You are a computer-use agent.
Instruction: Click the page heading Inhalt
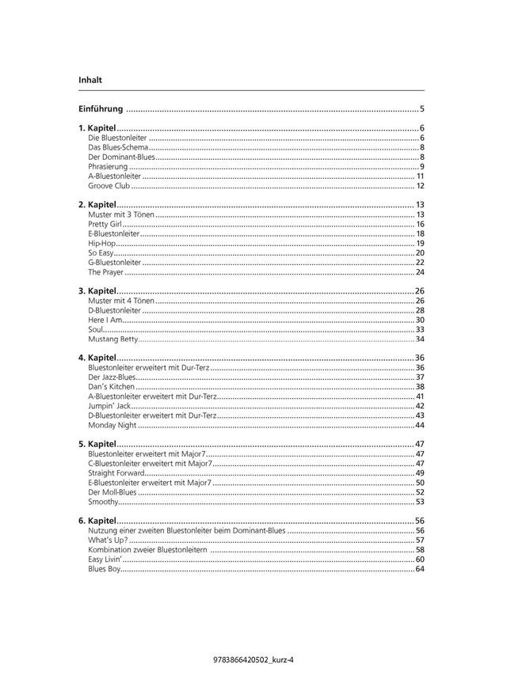[90, 80]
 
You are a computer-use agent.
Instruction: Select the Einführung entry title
[101, 108]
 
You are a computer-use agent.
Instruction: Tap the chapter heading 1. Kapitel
[97, 128]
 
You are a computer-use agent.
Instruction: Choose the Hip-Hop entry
[101, 243]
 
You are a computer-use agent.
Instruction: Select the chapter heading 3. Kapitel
[97, 291]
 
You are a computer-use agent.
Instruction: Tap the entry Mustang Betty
[112, 339]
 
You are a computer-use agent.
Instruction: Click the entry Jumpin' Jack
[109, 406]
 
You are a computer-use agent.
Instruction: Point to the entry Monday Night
[112, 425]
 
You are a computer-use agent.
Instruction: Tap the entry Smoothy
[103, 501]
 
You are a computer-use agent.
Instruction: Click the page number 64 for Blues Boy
[420, 568]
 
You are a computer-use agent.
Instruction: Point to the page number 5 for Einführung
[422, 108]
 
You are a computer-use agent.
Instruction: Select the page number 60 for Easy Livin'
[420, 559]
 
